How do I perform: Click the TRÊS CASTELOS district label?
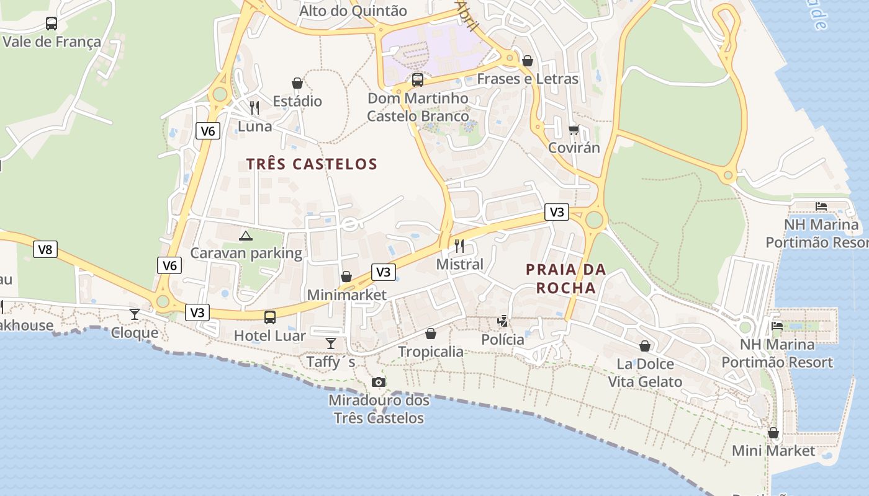coord(312,164)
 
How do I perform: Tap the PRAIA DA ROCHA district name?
coord(565,278)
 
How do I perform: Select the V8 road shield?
coord(45,249)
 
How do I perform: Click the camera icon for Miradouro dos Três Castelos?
coord(378,382)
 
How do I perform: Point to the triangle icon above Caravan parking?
coord(246,236)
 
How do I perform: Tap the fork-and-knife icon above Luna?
coord(254,108)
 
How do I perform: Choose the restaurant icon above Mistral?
coord(459,246)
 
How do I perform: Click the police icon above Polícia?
coord(503,321)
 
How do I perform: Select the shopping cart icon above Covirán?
coord(574,130)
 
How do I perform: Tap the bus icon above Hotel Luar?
coord(270,317)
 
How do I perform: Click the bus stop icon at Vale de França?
coord(52,24)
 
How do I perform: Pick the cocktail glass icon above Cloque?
coord(135,314)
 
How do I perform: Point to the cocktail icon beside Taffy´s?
coord(331,343)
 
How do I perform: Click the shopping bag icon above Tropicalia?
coord(431,334)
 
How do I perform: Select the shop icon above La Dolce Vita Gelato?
coord(645,346)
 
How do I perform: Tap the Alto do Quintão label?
coord(353,11)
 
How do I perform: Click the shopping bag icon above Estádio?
coord(297,83)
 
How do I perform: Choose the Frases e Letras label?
coord(528,79)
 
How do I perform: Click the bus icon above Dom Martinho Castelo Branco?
coord(418,80)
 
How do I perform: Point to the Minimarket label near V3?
coord(346,295)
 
